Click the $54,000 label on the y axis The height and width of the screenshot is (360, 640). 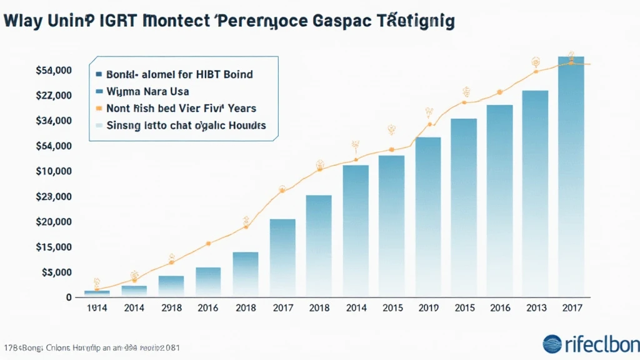[x=55, y=71]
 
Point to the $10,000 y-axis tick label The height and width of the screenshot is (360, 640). [x=55, y=171]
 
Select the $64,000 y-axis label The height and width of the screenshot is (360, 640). [x=55, y=146]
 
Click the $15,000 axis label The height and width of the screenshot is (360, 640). [x=55, y=247]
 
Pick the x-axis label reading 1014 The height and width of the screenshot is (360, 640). [x=96, y=308]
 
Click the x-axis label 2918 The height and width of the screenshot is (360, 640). [x=171, y=308]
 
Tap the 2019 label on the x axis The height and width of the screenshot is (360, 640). [x=428, y=308]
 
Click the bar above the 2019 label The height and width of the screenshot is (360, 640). [x=428, y=216]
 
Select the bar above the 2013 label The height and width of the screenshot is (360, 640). [x=535, y=194]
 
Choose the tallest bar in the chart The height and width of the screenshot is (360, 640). [x=571, y=178]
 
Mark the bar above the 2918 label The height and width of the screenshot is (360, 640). [x=171, y=286]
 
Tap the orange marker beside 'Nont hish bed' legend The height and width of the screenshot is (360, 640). [x=99, y=108]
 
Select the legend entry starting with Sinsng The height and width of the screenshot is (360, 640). [x=186, y=125]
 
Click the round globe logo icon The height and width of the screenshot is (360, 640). [x=552, y=344]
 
